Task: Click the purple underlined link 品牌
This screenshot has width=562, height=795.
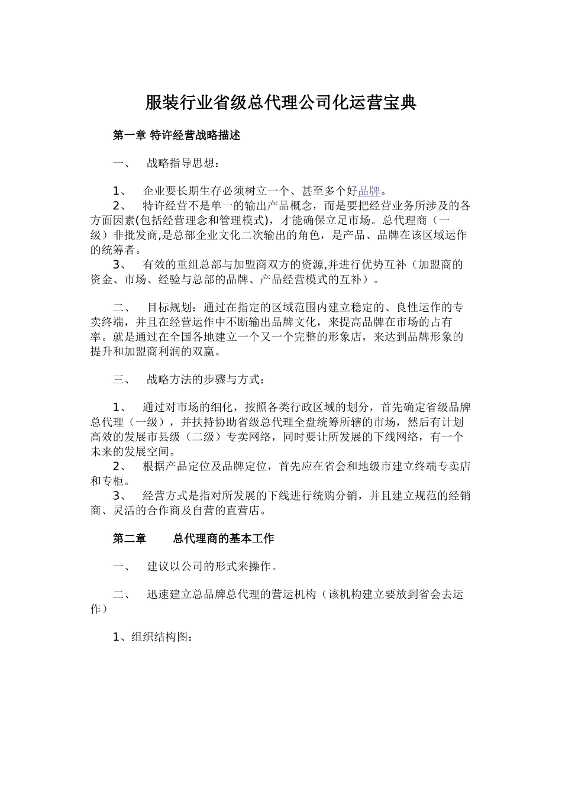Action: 369,190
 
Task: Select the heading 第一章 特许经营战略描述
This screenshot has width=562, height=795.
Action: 176,135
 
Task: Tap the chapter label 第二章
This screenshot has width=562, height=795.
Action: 129,538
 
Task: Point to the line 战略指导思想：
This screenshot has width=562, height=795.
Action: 183,163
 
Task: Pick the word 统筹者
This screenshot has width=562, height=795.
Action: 107,250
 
